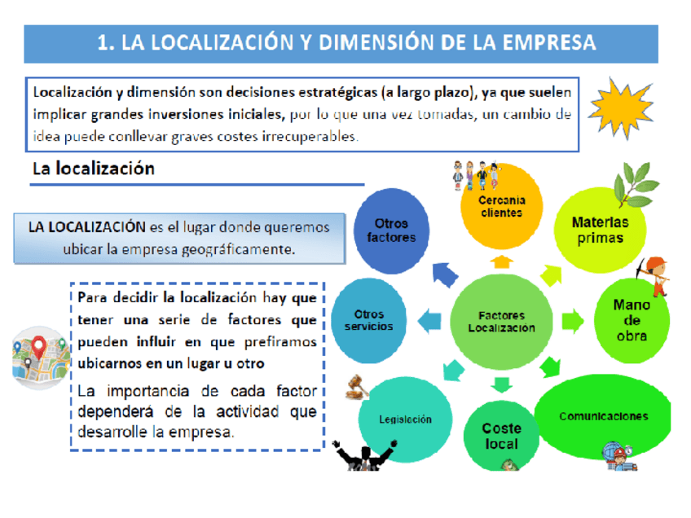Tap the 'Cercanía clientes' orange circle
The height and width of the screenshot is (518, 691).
tap(501, 207)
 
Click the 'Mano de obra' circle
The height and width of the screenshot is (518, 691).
tap(632, 319)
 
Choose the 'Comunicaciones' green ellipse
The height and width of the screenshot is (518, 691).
tap(603, 416)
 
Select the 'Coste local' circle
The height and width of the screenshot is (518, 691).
tap(501, 436)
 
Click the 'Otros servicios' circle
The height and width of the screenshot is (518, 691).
tap(369, 320)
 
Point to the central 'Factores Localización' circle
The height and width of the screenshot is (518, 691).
tap(501, 321)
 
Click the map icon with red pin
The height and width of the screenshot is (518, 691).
tap(38, 353)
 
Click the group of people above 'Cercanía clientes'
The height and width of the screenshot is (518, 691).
tap(474, 173)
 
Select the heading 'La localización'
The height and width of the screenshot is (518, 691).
tap(93, 169)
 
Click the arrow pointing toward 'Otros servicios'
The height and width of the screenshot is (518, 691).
tap(428, 320)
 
